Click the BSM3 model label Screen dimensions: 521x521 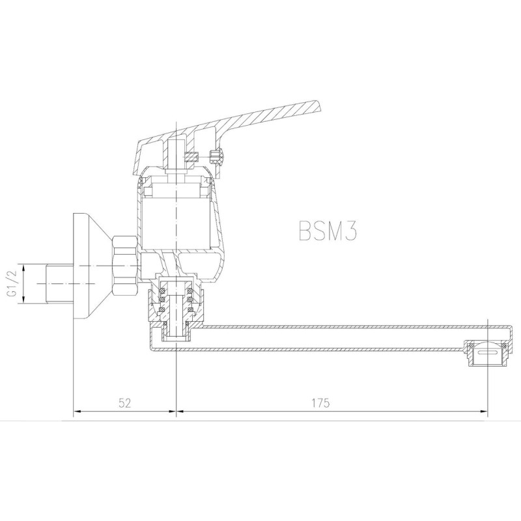pos(328,230)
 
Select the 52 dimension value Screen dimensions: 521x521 pos(125,402)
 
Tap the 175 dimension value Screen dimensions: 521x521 pos(320,402)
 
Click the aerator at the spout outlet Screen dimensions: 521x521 pos(488,353)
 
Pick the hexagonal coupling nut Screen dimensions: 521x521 pos(125,266)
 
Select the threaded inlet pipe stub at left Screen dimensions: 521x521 pos(59,283)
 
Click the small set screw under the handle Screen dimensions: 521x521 pos(191,157)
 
